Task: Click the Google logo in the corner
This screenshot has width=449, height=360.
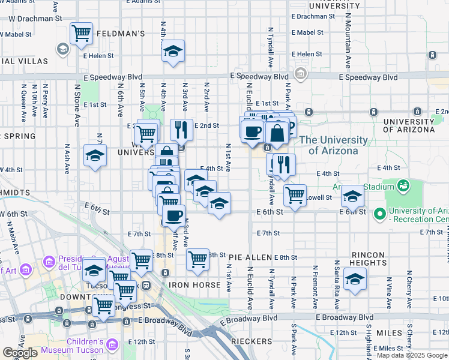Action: tap(20, 352)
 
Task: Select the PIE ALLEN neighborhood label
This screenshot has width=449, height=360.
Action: tap(250, 257)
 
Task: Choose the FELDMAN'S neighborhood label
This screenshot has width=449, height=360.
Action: tap(120, 34)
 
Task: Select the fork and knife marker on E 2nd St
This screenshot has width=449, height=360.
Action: tap(181, 129)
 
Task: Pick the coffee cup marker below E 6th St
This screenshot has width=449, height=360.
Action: tap(174, 215)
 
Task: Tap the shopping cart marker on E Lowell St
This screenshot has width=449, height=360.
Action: tap(295, 195)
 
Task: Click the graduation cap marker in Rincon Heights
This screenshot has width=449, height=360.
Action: tap(355, 279)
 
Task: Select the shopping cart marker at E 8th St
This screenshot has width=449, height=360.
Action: tap(197, 259)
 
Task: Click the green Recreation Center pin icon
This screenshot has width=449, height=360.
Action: tap(379, 214)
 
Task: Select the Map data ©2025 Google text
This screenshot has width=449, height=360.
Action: tap(411, 355)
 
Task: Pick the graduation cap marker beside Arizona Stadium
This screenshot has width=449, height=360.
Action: tap(352, 196)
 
